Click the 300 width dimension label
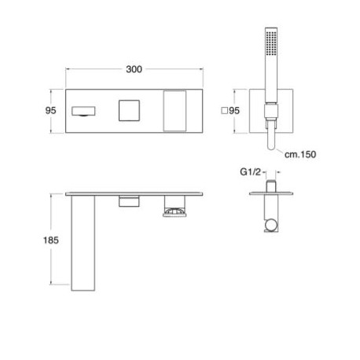[x=134, y=69]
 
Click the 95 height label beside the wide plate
[x=50, y=111]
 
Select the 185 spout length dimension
[x=51, y=240]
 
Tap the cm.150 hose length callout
[x=300, y=154]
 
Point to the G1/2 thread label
[x=251, y=172]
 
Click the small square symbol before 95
[x=224, y=111]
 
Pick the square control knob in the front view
[x=129, y=111]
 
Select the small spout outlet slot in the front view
[x=83, y=111]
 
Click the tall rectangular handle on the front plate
[x=174, y=111]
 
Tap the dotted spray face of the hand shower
[x=271, y=43]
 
